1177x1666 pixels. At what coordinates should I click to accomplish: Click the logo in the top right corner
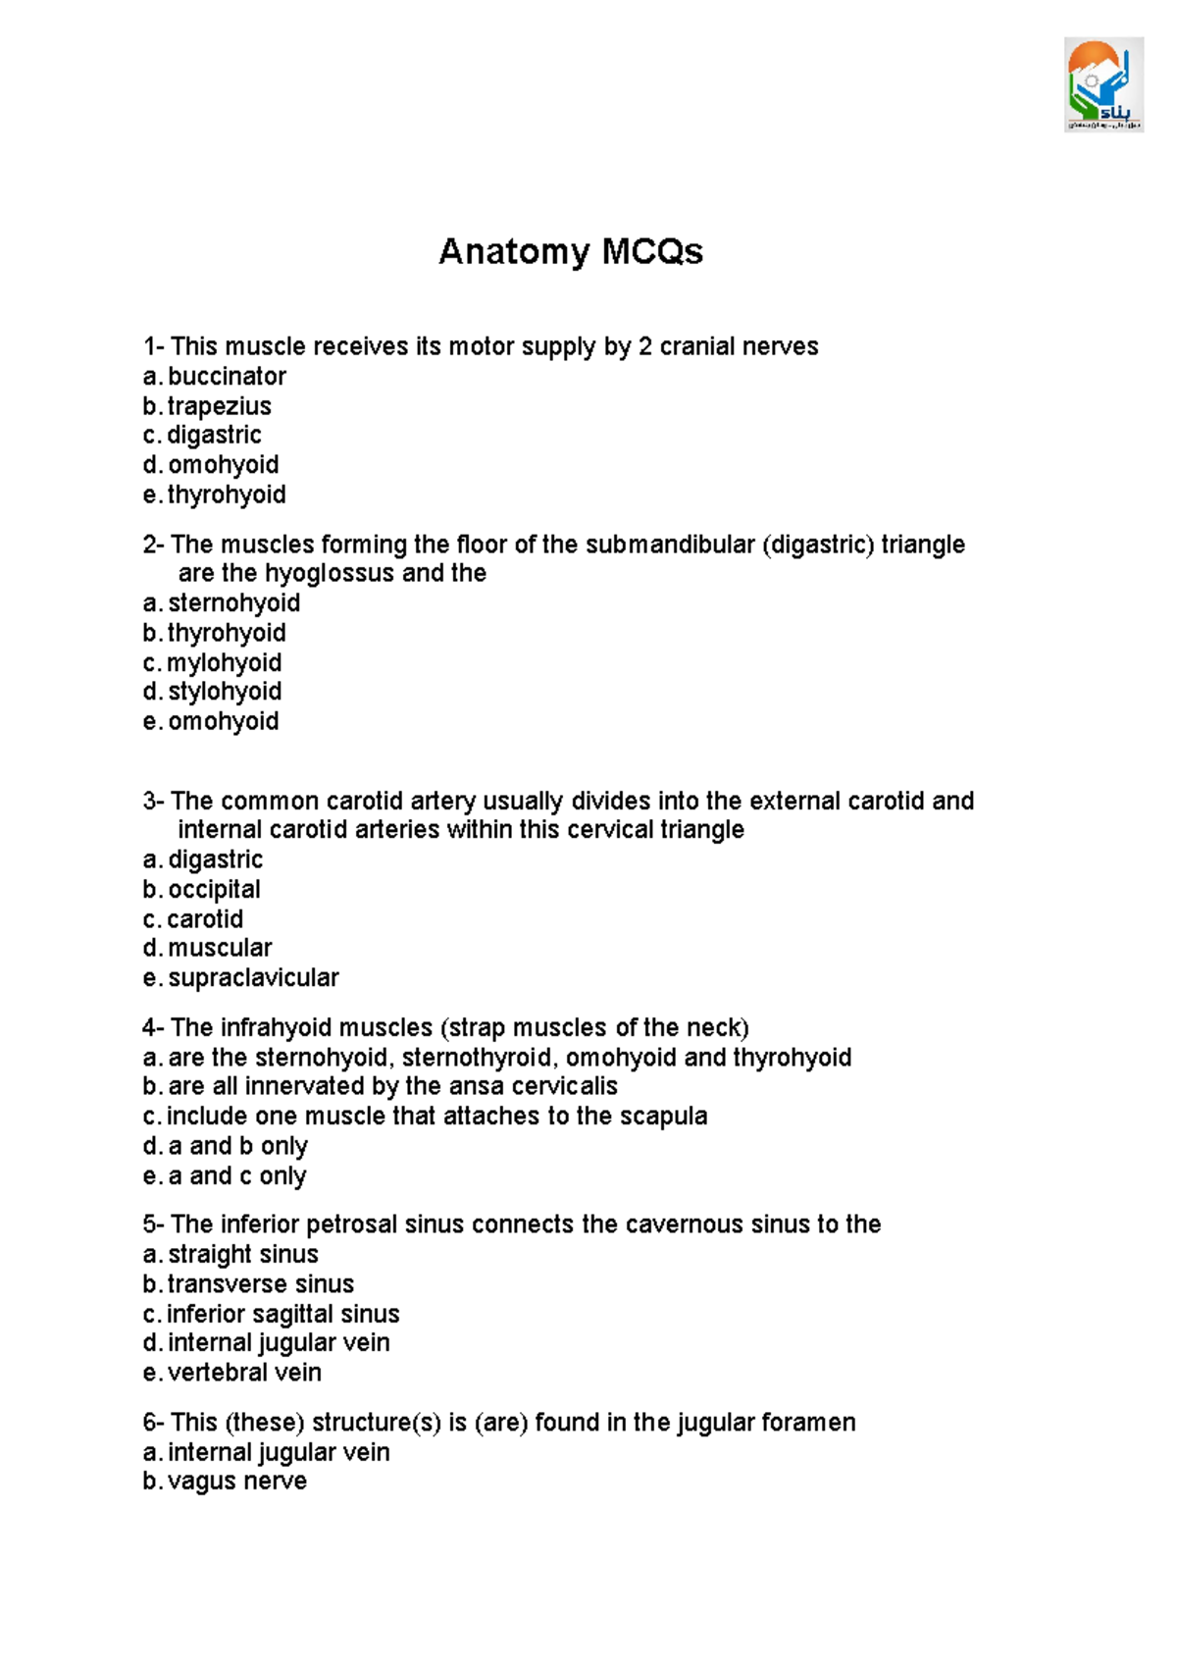(1103, 84)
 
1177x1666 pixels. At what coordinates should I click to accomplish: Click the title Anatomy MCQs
(570, 251)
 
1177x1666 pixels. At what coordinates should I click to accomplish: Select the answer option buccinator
(227, 377)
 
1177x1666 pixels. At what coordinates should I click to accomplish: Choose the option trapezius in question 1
(219, 406)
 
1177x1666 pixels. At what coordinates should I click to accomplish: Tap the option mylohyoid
(224, 663)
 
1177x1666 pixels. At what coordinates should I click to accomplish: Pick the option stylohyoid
(225, 692)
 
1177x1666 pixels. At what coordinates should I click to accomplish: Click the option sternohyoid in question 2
(233, 603)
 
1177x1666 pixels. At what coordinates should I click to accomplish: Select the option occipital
(214, 890)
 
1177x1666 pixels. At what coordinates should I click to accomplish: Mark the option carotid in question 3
(205, 919)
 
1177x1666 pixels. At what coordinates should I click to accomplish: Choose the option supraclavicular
(253, 978)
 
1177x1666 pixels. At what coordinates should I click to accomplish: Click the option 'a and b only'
(237, 1146)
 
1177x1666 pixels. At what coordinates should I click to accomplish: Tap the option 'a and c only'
(237, 1175)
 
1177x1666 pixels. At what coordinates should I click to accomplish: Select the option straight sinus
(242, 1255)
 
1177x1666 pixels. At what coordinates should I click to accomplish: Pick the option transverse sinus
(260, 1284)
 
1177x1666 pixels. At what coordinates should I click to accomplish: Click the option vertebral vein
(244, 1373)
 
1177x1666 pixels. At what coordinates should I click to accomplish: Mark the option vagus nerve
(236, 1482)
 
